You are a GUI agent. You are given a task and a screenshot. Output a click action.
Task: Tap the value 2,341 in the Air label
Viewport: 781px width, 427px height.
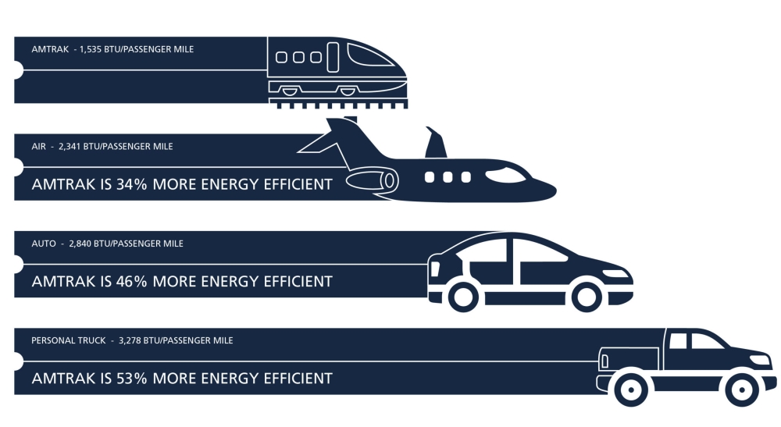pos(71,146)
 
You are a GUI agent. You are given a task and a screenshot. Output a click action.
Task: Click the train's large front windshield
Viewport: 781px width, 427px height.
pos(372,55)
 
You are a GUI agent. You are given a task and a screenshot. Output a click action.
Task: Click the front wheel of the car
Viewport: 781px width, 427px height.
pos(587,296)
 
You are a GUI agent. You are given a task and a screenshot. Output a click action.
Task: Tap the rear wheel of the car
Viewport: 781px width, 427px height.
pos(462,296)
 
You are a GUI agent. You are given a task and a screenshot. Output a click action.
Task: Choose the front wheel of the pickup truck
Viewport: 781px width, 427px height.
pos(741,389)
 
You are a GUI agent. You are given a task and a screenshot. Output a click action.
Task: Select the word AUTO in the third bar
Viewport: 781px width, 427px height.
pos(44,244)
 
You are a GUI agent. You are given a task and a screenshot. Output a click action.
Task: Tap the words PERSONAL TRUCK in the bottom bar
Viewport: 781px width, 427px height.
pos(70,340)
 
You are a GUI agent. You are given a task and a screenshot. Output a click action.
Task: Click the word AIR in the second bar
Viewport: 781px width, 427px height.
pos(38,146)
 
